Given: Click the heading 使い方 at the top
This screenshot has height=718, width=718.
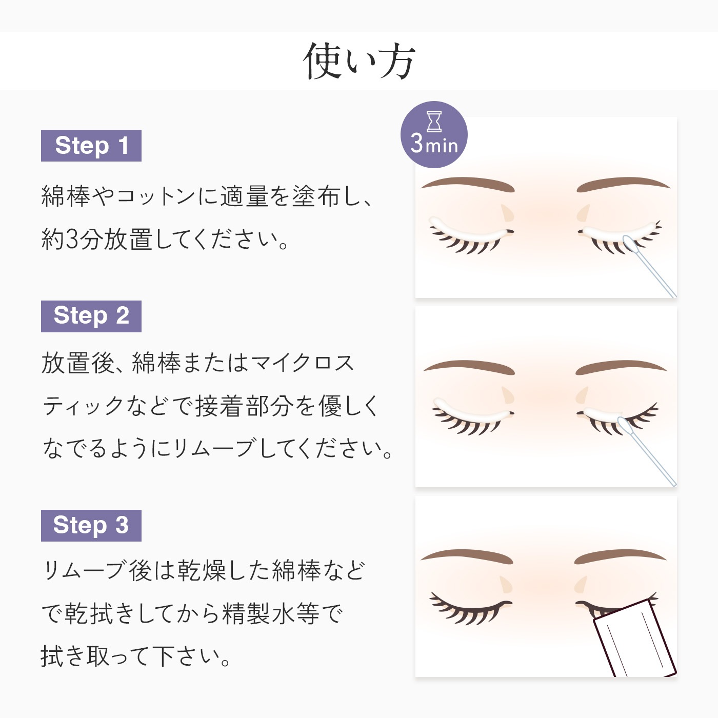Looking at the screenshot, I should [x=359, y=62].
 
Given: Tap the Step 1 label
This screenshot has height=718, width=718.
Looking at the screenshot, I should [x=91, y=146].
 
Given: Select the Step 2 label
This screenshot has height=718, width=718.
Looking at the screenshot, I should [x=91, y=316].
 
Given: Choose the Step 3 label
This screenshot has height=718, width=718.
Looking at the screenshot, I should [x=91, y=525].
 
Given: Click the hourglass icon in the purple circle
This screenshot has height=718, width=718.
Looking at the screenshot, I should [x=434, y=121].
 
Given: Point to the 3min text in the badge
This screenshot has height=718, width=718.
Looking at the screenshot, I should [x=434, y=144].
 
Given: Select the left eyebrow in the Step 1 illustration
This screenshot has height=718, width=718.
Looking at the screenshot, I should [x=468, y=184].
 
